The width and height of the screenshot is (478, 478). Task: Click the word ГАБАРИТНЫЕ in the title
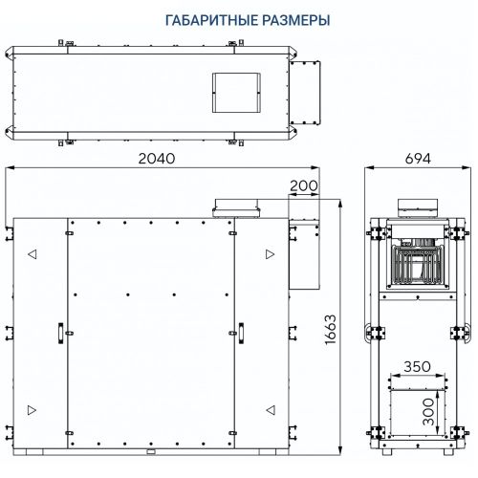pyautogui.click(x=192, y=20)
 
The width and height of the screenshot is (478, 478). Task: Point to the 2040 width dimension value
pyautogui.click(x=155, y=160)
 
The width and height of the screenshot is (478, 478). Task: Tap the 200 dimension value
pyautogui.click(x=305, y=185)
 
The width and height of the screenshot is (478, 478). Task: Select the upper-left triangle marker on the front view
pyautogui.click(x=33, y=254)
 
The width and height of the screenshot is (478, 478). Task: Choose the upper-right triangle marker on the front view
pyautogui.click(x=272, y=254)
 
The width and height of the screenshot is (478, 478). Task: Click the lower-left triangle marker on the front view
pyautogui.click(x=33, y=409)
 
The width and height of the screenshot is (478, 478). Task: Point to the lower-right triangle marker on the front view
pyautogui.click(x=272, y=409)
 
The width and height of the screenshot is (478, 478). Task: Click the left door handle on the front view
pyautogui.click(x=59, y=331)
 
